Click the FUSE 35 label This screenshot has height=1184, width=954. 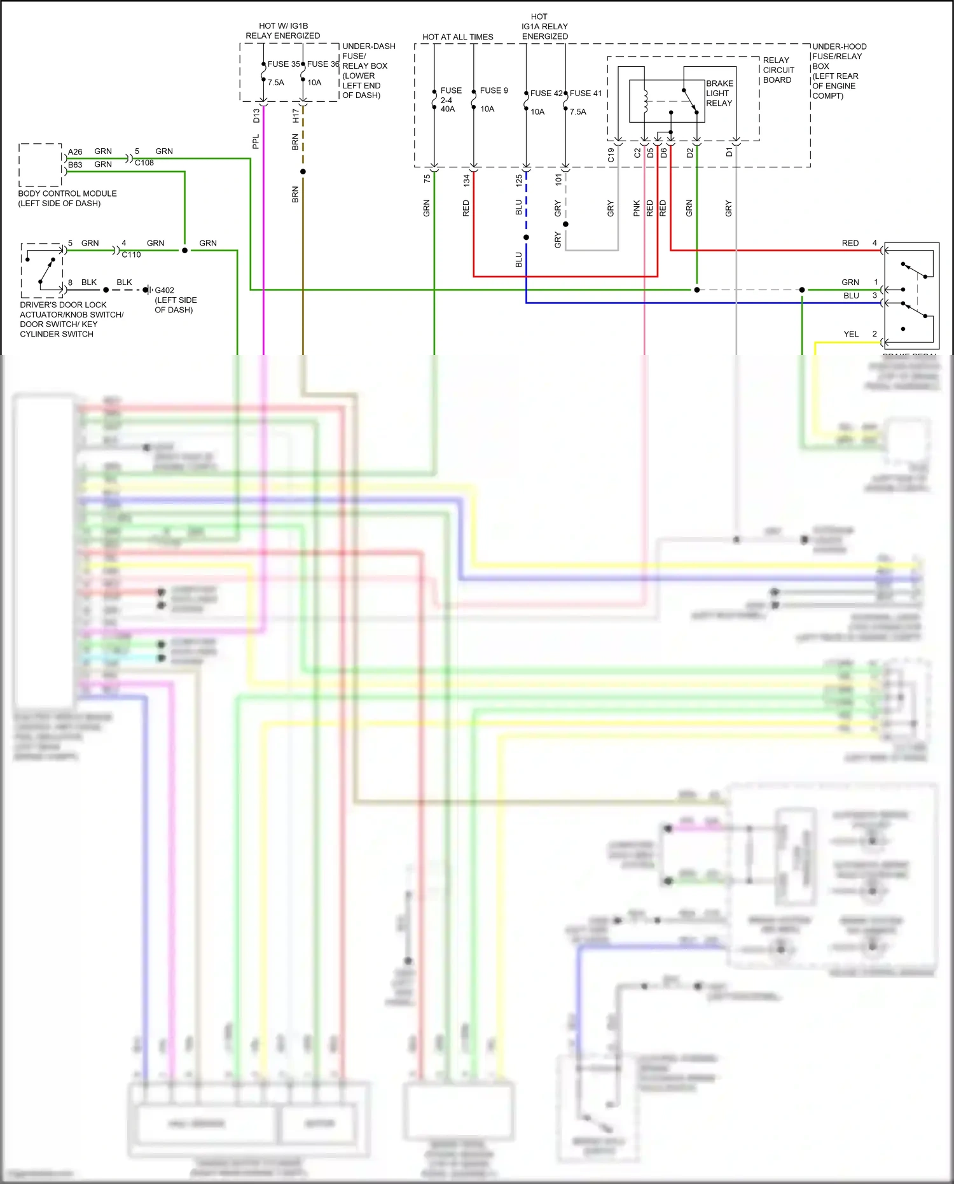point(283,64)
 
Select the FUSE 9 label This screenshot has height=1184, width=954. point(494,90)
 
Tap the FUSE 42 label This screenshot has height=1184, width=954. point(546,94)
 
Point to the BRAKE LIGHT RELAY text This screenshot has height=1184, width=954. point(719,93)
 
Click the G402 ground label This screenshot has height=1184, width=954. point(164,290)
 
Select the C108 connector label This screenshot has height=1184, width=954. point(144,163)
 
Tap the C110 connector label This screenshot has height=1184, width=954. point(131,254)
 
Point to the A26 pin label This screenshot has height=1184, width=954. point(75,152)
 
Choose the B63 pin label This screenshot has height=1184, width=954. point(75,165)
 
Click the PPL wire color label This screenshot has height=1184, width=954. point(256,141)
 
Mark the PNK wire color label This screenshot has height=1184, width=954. point(637,208)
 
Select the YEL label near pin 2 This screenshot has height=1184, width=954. point(851,334)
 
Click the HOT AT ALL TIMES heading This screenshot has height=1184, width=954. point(457,37)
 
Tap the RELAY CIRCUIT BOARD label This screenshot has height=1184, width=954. point(778,70)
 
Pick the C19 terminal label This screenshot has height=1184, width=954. point(611,155)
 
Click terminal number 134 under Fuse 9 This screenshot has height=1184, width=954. point(466,180)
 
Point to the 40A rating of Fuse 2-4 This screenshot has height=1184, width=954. point(448,109)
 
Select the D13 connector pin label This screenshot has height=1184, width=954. point(256,116)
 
